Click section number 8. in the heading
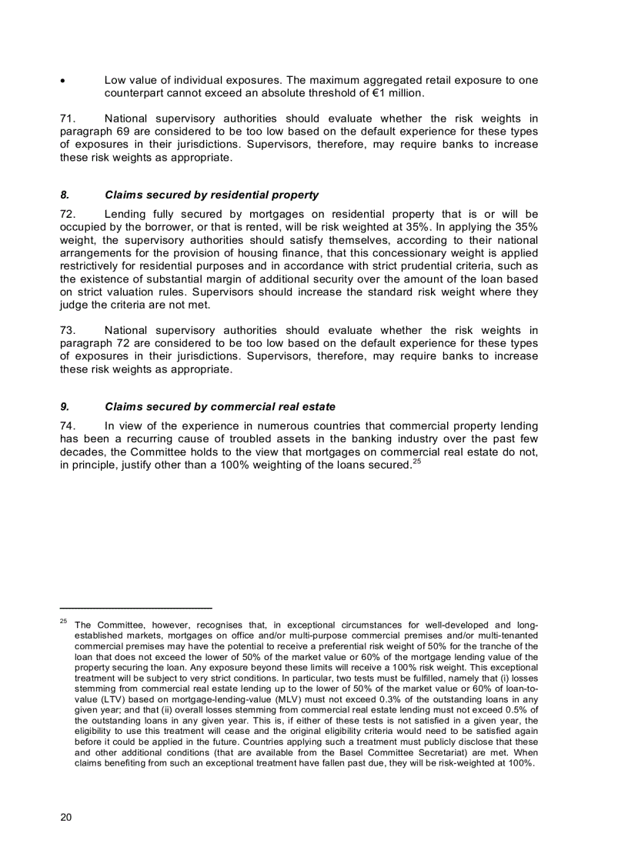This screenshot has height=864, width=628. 65,195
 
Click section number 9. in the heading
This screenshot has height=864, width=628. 65,406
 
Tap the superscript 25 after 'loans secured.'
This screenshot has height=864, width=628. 416,462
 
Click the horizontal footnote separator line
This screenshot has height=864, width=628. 135,608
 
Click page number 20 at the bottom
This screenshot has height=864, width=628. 66,818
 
